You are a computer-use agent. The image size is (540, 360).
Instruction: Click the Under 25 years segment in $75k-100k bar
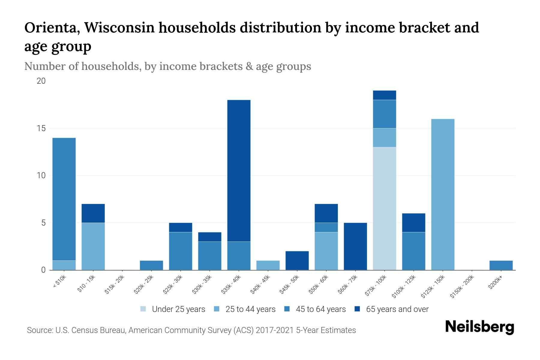384,208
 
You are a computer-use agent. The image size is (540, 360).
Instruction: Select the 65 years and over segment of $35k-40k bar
239,170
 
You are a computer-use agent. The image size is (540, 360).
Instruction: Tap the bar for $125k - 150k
442,194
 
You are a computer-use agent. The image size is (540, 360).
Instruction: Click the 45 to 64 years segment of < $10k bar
64,199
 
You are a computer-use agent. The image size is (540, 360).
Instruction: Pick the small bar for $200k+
501,265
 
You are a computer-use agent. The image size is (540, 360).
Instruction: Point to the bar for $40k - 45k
268,265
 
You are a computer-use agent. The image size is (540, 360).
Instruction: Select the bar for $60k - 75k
355,246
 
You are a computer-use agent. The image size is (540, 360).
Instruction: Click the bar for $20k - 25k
151,265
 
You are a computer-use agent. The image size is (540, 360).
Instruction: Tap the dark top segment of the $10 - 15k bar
93,213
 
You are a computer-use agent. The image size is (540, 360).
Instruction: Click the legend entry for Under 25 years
173,309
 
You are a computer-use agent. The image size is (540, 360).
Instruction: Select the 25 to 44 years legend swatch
217,309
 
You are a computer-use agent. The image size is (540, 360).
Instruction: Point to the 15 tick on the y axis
41,128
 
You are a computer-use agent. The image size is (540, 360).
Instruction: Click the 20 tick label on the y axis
41,81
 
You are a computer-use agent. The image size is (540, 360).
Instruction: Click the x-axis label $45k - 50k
289,284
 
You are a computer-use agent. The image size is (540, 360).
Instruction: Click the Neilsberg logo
479,327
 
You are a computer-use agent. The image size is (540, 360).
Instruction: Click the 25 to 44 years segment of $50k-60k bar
326,251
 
